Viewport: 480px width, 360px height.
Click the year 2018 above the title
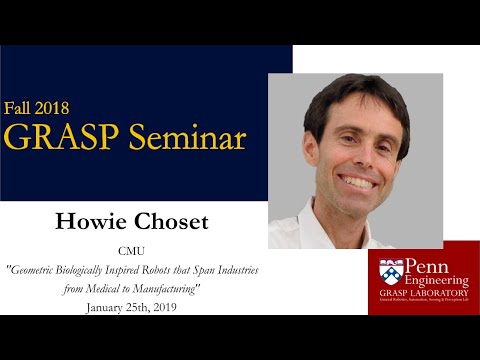tap(52, 107)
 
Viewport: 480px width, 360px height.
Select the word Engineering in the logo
tap(432, 281)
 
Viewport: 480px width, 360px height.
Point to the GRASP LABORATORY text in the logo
tap(426, 293)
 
